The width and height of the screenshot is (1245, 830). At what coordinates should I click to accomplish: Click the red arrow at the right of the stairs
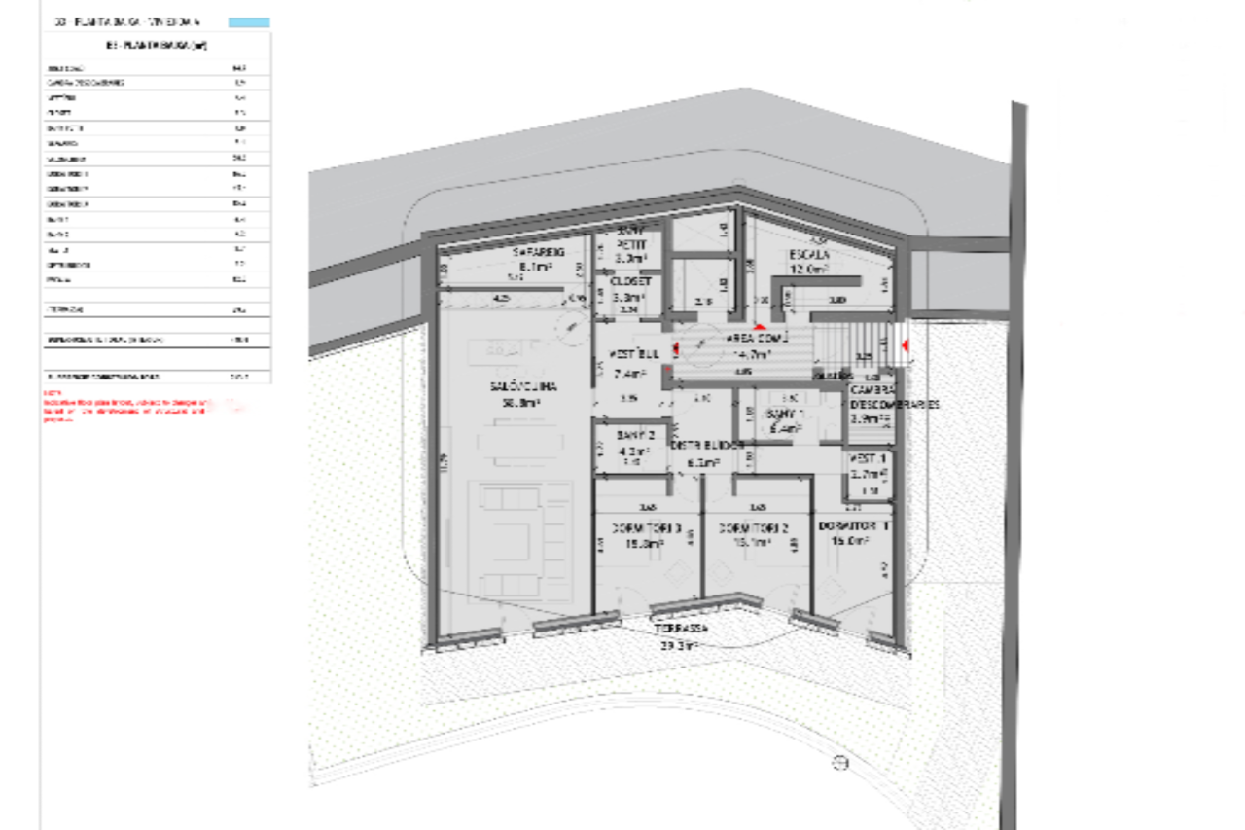coord(906,345)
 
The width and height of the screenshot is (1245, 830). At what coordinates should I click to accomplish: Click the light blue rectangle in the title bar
coord(249,21)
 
